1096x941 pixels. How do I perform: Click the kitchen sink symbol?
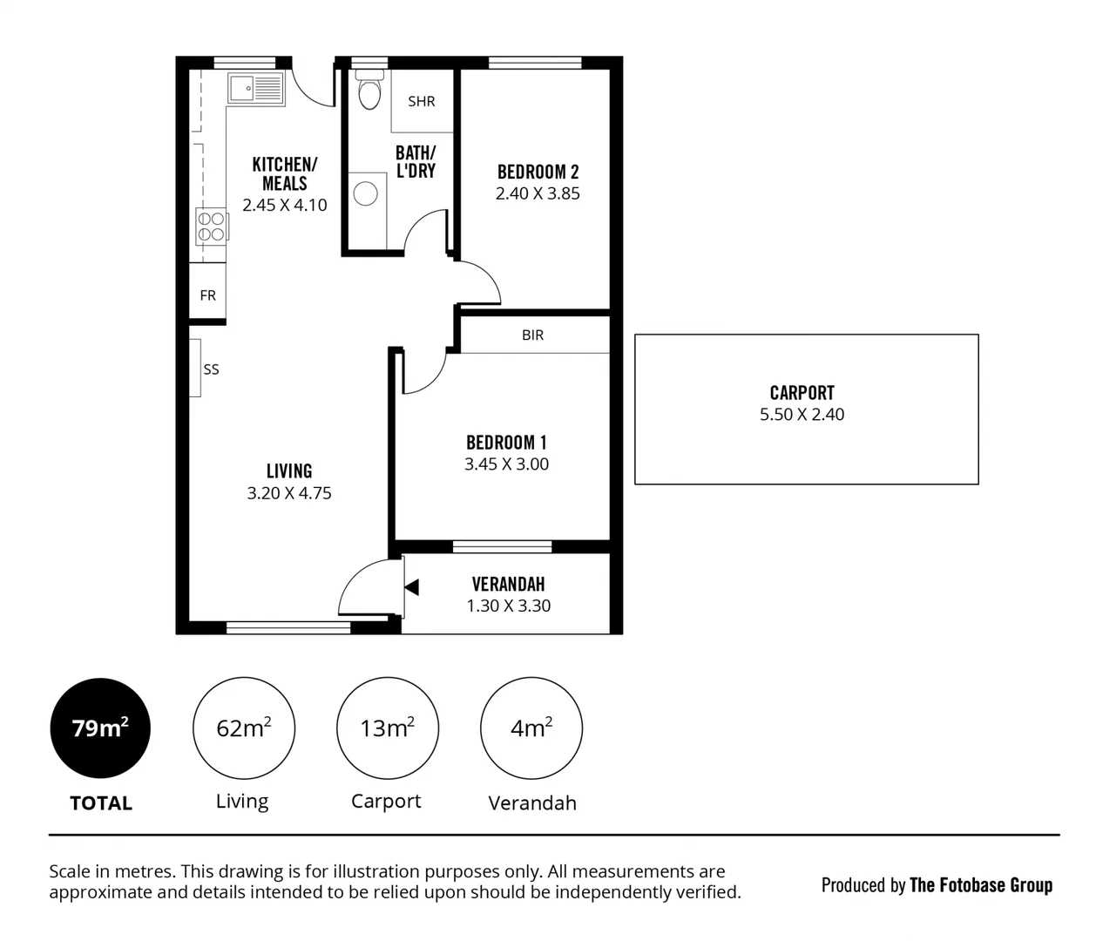256,88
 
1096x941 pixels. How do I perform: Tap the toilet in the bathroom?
369,91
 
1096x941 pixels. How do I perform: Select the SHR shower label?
422,101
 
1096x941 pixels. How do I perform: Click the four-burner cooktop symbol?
211,227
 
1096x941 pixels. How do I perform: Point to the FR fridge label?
207,295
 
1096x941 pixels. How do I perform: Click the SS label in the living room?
211,369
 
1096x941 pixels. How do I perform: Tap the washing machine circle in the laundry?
366,193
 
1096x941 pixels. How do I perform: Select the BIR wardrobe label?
532,335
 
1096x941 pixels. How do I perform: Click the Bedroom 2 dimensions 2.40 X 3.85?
538,193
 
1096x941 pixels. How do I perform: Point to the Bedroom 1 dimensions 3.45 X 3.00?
506,464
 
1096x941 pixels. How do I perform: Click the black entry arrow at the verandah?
411,587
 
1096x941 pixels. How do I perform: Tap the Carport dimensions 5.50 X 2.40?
802,415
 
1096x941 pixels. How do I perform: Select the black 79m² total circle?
100,728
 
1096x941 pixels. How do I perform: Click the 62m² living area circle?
244,728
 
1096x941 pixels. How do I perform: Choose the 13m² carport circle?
388,728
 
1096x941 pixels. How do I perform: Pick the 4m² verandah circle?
531,728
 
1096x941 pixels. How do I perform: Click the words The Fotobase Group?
980,885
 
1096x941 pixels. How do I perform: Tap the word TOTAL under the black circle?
101,803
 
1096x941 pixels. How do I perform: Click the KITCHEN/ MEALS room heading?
285,173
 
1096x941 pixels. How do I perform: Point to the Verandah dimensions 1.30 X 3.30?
509,606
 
